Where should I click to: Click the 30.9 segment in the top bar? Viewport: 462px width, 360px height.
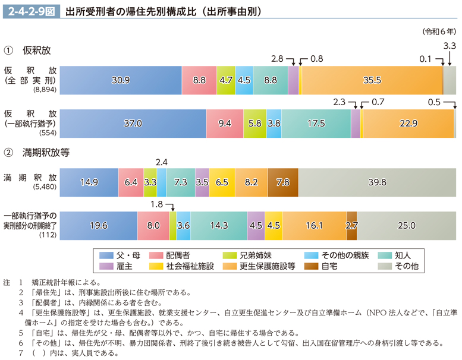point(121,80)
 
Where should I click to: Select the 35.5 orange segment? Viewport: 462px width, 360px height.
point(372,80)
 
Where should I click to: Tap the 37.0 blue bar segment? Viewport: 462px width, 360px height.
point(133,124)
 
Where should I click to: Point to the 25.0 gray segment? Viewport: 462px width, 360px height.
point(406,225)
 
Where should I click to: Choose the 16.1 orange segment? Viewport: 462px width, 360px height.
point(314,225)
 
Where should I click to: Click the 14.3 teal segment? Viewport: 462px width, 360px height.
point(219,225)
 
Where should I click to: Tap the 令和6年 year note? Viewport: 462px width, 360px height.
point(439,31)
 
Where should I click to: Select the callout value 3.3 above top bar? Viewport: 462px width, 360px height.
point(450,46)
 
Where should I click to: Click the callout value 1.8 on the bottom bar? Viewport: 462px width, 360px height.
point(156,204)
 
